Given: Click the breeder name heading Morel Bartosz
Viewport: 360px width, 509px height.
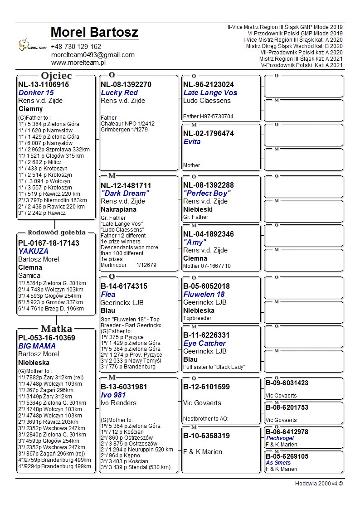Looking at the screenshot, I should pyautogui.click(x=94, y=33).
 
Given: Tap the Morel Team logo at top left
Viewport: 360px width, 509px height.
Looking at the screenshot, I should pyautogui.click(x=32, y=45).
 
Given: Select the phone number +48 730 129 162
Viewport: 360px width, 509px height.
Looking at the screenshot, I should pyautogui.click(x=76, y=47).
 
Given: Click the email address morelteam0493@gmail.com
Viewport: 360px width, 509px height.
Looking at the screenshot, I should pyautogui.click(x=93, y=55).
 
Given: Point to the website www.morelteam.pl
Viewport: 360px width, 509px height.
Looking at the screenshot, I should pyautogui.click(x=78, y=63).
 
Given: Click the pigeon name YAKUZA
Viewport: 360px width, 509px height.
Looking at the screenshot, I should pyautogui.click(x=33, y=251).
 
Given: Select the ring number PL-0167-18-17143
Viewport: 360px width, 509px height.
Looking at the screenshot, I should pyautogui.click(x=49, y=243).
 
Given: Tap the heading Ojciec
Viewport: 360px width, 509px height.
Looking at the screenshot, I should pyautogui.click(x=56, y=76).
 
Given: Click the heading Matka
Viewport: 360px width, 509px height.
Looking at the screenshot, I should pyautogui.click(x=56, y=329).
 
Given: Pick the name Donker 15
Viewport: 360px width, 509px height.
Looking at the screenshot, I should pyautogui.click(x=36, y=92).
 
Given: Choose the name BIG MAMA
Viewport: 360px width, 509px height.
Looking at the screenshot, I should pyautogui.click(x=37, y=346).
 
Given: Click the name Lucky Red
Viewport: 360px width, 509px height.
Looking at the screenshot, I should pyautogui.click(x=119, y=92).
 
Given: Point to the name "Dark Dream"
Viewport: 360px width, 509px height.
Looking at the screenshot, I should pyautogui.click(x=125, y=193).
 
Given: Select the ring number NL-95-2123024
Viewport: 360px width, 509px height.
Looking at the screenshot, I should pyautogui.click(x=209, y=84).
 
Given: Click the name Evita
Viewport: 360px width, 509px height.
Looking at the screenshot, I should pyautogui.click(x=192, y=141).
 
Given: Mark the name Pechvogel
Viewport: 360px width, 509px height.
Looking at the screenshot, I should pyautogui.click(x=280, y=438).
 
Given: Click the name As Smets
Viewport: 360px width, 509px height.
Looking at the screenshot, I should pyautogui.click(x=278, y=463).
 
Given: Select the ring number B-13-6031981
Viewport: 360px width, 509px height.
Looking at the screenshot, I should pyautogui.click(x=124, y=387).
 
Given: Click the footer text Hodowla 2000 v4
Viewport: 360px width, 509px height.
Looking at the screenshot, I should pyautogui.click(x=319, y=484).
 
